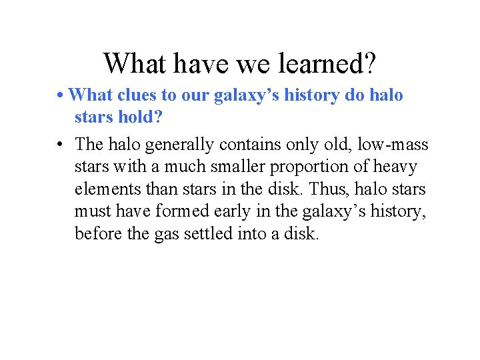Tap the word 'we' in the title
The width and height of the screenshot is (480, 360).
(x=245, y=64)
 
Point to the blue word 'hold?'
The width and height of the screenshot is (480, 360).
(x=143, y=117)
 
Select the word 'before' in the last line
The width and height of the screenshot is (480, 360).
(x=97, y=234)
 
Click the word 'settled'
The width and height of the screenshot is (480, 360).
(x=209, y=234)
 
